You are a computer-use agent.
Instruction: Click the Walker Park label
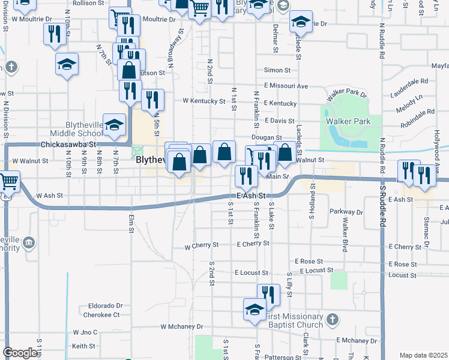pos(348,121)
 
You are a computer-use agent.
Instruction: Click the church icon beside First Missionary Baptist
pos(334,319)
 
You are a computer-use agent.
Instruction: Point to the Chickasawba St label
pos(68,145)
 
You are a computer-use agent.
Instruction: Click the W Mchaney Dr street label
pos(181,326)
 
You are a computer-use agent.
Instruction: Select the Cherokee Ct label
pos(101,314)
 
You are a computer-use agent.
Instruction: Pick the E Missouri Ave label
pos(286,86)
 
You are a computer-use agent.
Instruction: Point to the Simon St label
pos(277,70)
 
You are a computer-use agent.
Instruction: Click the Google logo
pos(20,353)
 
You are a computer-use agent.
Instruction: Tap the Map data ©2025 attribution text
pos(423,355)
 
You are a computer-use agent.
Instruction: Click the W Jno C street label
pos(85,332)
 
